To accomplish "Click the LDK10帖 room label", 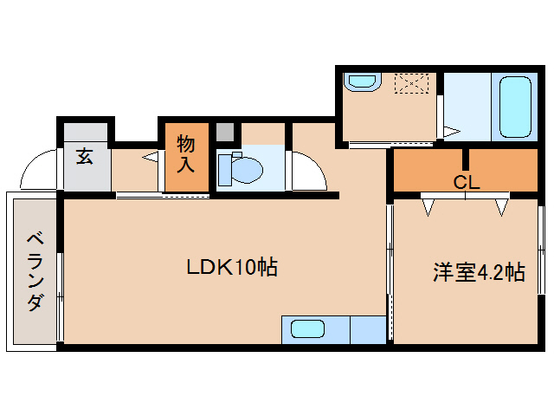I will pos(232,268).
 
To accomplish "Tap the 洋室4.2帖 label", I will pos(479,273).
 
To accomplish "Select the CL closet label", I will pos(467,183).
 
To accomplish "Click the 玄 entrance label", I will pos(85,157).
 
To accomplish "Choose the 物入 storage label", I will pos(186,153).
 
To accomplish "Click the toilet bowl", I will pos(238,168).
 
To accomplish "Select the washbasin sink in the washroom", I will pos(359,82).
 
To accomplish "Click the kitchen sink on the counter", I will pos(308,329).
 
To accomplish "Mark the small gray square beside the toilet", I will pos(225,133).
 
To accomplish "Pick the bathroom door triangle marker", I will pos(450,132).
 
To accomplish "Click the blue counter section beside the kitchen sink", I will pos(368,330).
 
